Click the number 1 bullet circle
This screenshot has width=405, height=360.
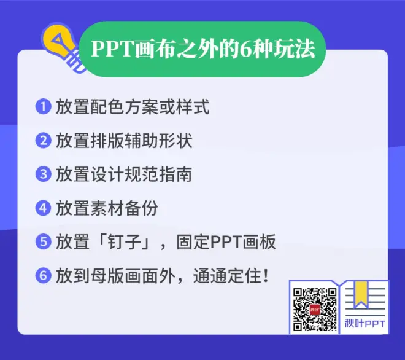point(43,106)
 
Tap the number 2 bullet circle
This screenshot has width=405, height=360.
point(43,141)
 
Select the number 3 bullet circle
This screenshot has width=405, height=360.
point(43,174)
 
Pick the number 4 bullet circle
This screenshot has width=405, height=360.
point(43,208)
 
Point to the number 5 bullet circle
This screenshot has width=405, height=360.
point(43,241)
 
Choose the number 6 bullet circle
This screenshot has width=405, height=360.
point(43,275)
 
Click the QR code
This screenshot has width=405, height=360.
point(315,309)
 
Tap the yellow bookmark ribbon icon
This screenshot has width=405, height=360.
point(361,294)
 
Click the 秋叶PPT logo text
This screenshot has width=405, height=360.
point(364,323)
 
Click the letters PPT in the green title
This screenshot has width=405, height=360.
point(112,49)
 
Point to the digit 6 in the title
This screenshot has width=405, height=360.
point(245,49)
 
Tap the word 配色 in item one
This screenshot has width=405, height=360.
point(107,107)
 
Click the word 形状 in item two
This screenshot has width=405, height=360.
point(175,141)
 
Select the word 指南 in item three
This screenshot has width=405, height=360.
point(175,174)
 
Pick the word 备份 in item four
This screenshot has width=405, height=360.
point(141,208)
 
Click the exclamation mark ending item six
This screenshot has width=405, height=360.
point(266,276)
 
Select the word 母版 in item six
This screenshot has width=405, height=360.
point(107,276)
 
